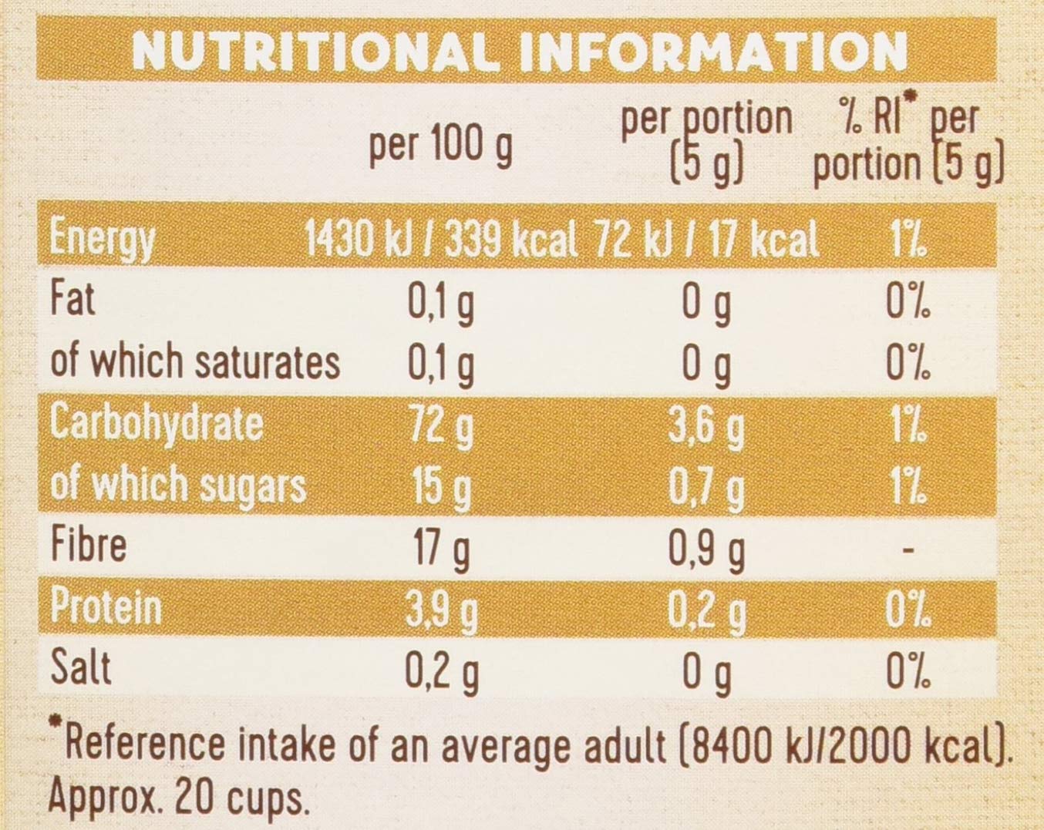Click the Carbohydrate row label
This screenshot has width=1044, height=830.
coord(157,423)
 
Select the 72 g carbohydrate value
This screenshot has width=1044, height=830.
coord(439,425)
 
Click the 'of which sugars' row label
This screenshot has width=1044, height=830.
coord(178,486)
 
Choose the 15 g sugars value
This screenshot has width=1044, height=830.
coord(439,487)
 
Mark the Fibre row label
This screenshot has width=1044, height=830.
coord(88,545)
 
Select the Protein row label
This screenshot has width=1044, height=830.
coord(106,607)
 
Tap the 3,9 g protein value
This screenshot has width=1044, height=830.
coord(441,610)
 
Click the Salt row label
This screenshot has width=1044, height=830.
coord(80,667)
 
